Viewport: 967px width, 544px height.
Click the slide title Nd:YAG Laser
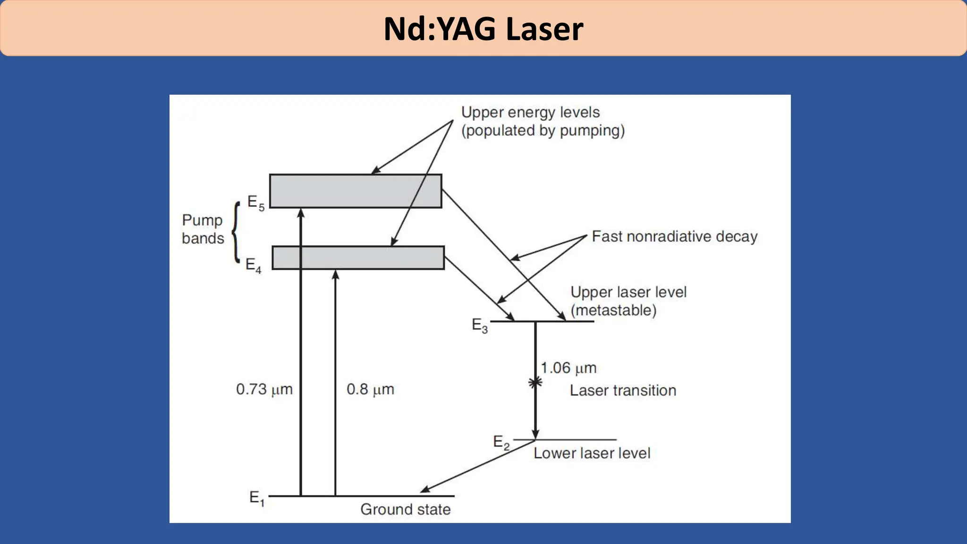483,29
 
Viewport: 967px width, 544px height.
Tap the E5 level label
255,203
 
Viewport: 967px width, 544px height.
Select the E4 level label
253,265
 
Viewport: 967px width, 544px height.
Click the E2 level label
501,442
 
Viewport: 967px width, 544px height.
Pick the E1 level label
257,498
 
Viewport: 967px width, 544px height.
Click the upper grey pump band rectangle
356,191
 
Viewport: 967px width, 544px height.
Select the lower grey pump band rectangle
358,258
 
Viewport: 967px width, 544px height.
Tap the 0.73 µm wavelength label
264,390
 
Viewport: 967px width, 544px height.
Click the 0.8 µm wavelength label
370,390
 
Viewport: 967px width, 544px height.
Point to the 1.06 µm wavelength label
568,368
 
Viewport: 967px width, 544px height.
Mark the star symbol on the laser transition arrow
535,382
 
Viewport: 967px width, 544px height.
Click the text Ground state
405,510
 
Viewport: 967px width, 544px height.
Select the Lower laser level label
592,453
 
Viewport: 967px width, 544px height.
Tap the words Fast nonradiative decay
674,236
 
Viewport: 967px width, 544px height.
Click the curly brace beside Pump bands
236,231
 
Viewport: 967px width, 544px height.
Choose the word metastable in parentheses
613,310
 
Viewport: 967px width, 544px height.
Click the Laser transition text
623,391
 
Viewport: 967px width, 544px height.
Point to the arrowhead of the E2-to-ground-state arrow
424,490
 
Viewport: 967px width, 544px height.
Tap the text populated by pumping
543,130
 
